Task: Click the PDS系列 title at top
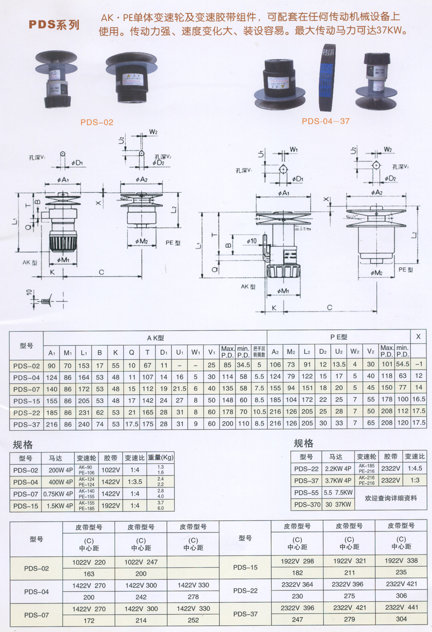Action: [x=54, y=25]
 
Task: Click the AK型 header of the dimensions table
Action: [x=155, y=337]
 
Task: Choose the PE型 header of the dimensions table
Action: [x=339, y=337]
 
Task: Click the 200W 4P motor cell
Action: [x=61, y=470]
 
